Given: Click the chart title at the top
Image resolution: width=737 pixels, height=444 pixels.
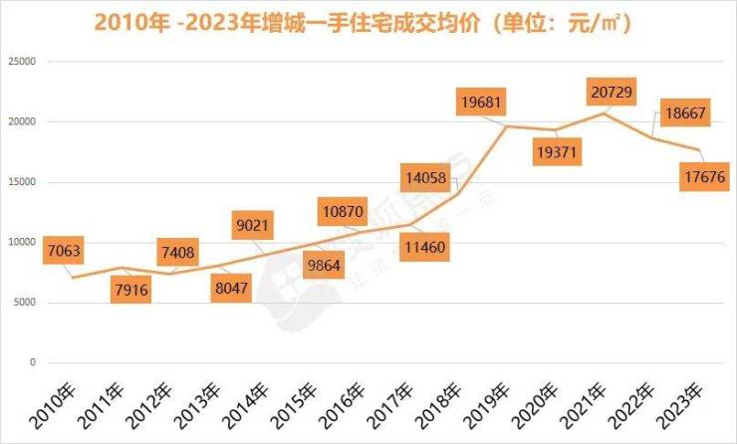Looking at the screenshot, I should [x=369, y=21].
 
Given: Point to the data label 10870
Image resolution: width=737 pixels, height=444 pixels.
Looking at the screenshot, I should [x=343, y=211].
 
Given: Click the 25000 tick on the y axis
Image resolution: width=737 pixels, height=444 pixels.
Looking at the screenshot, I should [x=21, y=62].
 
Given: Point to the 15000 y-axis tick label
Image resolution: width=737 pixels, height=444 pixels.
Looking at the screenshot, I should [x=21, y=182].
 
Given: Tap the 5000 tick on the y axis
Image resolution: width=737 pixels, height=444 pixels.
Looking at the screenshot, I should [x=24, y=303].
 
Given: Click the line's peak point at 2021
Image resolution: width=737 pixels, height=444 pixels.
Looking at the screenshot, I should [x=603, y=112].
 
